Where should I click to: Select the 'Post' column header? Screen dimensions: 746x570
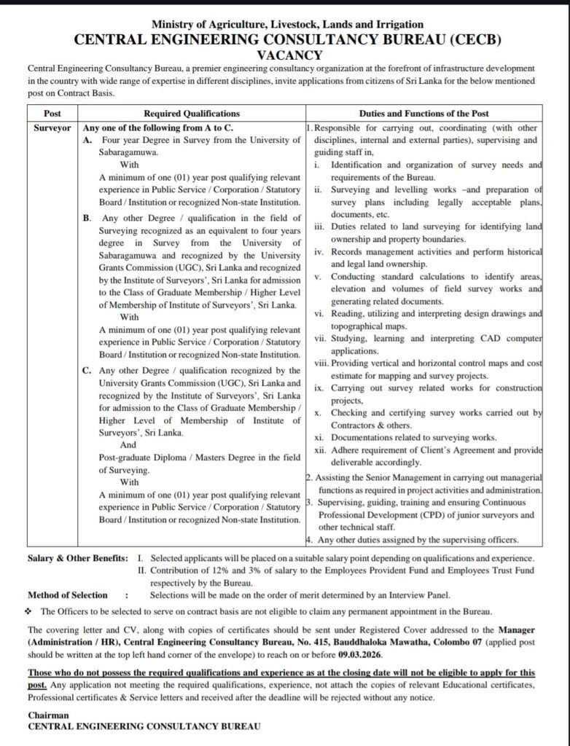click(52, 114)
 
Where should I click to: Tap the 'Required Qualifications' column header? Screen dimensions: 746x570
click(191, 114)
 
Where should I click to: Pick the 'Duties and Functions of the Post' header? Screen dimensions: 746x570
click(424, 114)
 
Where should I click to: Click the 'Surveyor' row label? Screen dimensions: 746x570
click(52, 126)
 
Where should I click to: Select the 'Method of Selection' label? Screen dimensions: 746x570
click(68, 595)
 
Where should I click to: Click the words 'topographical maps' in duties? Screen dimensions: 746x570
click(365, 326)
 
